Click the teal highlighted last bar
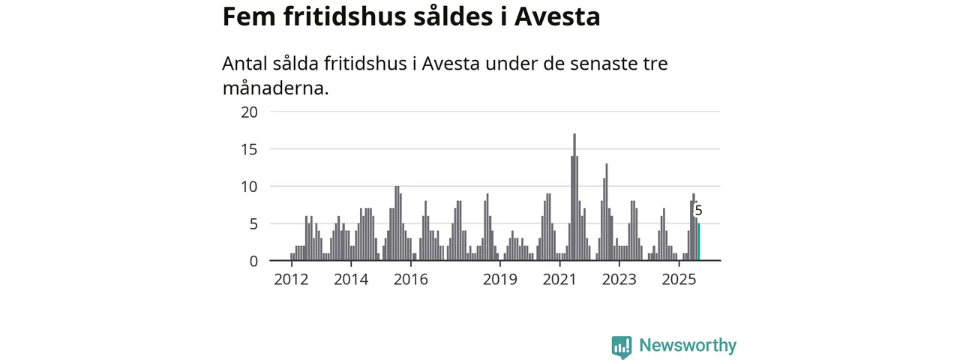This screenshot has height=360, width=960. click(699, 242)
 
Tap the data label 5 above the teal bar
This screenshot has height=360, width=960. click(699, 211)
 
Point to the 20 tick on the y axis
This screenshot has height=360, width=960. click(249, 112)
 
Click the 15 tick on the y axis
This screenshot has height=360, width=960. click(249, 149)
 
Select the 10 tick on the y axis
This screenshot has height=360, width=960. click(249, 186)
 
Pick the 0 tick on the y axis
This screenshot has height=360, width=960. click(253, 261)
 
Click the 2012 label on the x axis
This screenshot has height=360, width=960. click(292, 280)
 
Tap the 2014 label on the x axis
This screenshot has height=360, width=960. click(351, 280)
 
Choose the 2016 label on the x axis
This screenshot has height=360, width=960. click(410, 280)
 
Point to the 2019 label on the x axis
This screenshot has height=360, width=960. click(500, 280)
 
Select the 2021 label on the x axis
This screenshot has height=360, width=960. click(559, 280)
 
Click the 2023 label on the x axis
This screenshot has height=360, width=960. click(619, 280)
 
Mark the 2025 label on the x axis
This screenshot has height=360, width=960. click(679, 280)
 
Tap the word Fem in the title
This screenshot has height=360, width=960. click(247, 16)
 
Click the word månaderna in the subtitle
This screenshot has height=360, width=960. click(275, 88)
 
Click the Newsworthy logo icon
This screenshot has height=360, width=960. click(622, 346)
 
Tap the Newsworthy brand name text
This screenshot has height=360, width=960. click(688, 346)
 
